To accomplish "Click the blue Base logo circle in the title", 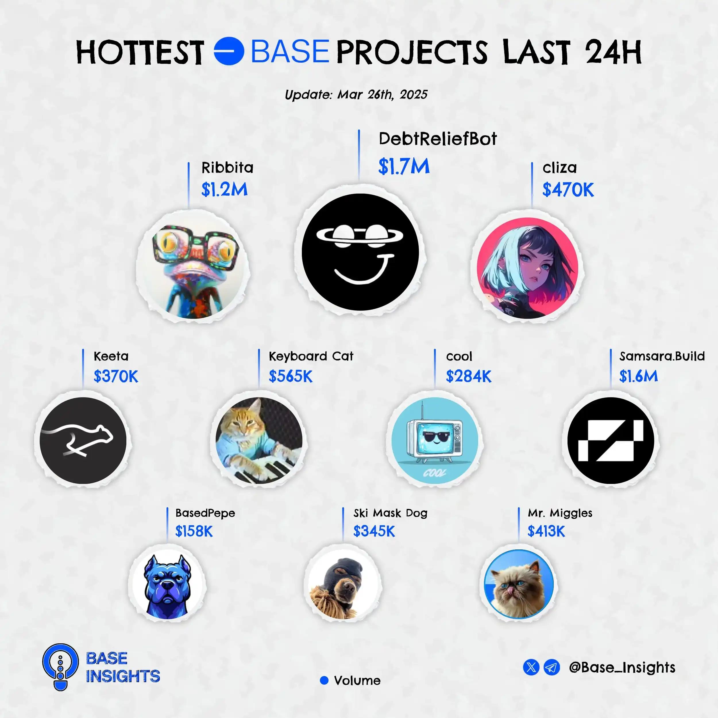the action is point(229,51).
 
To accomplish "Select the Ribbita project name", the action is point(227,168).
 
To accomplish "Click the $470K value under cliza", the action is point(568,190).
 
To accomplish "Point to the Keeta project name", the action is point(111,356).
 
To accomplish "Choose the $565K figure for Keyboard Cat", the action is point(291,376).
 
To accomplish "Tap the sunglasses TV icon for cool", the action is point(435,440).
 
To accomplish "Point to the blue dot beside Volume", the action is point(324,680).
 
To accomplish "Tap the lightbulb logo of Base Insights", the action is point(61,667).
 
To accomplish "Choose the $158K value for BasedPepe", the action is point(194,531).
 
